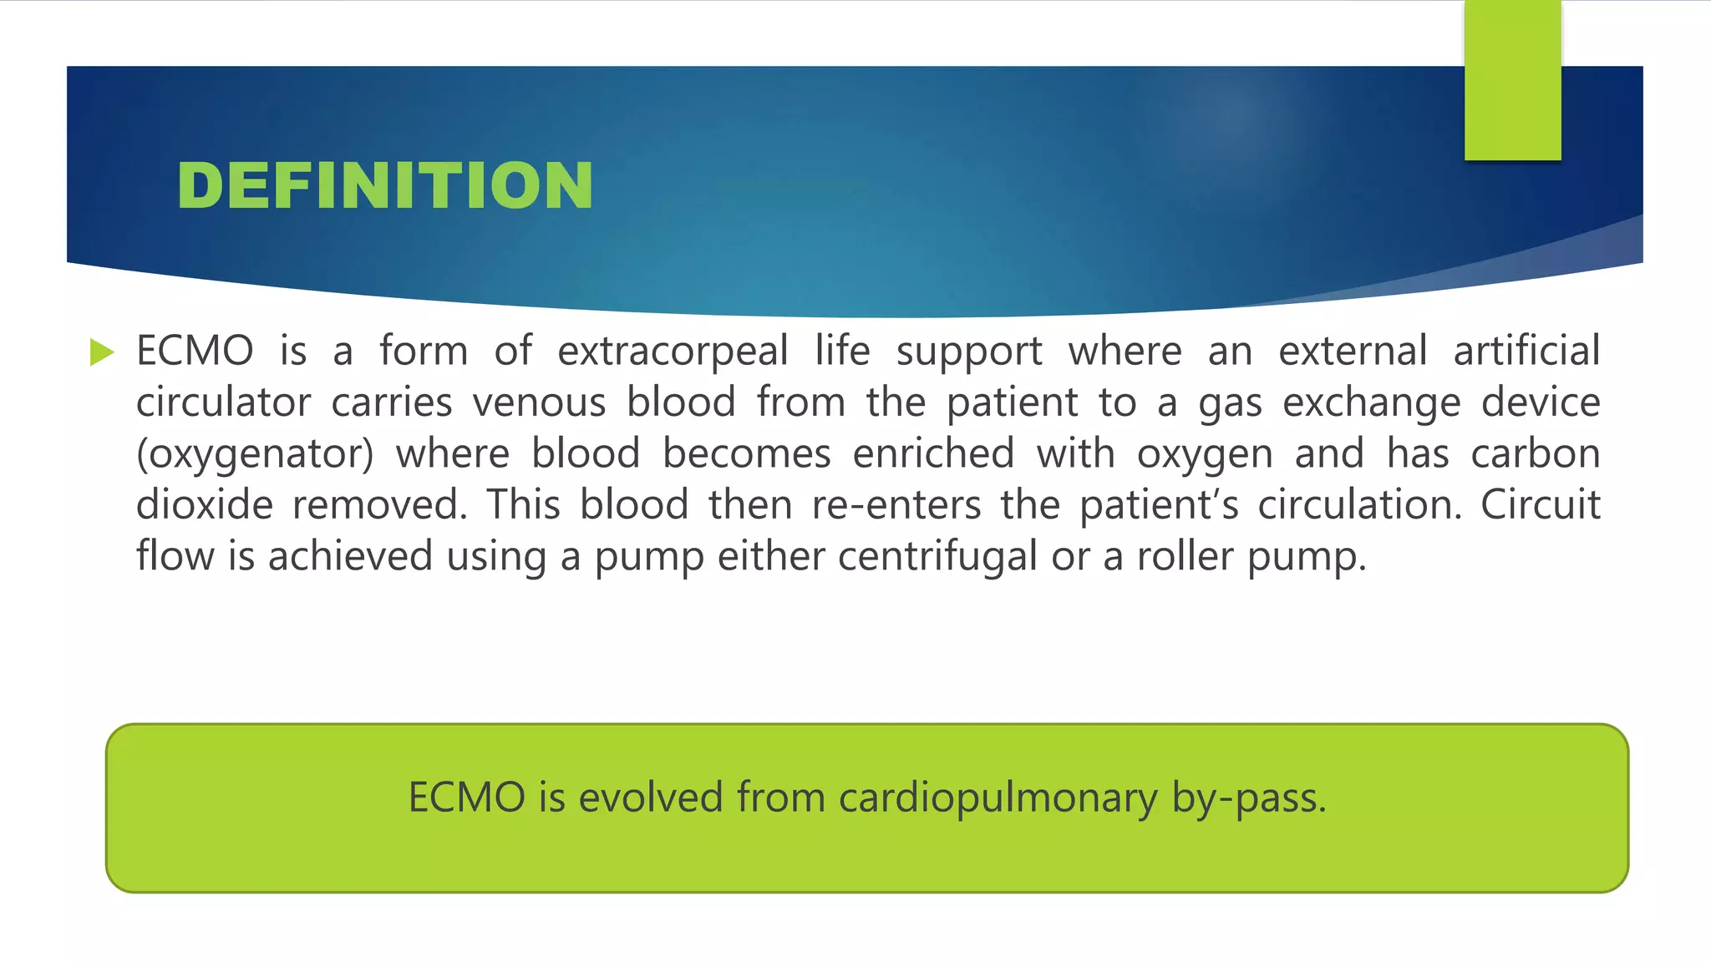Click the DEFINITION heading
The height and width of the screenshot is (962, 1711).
(385, 185)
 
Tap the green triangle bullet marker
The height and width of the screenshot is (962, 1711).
(101, 352)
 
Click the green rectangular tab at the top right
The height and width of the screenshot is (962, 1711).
(1512, 80)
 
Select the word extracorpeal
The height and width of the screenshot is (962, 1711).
(673, 351)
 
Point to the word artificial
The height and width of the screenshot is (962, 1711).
(1526, 351)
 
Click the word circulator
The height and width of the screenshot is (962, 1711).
(223, 403)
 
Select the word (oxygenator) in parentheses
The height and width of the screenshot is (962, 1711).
(255, 454)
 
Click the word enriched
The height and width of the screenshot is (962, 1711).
(933, 453)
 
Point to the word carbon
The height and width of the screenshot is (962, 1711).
(1535, 453)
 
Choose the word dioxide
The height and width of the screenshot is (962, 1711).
(205, 505)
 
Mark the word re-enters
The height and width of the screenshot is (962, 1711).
(896, 505)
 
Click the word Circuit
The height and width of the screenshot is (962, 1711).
(1540, 505)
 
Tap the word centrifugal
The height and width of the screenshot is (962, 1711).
(937, 557)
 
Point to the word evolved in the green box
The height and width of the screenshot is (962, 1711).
(651, 797)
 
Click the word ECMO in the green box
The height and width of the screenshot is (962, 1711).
(466, 797)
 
